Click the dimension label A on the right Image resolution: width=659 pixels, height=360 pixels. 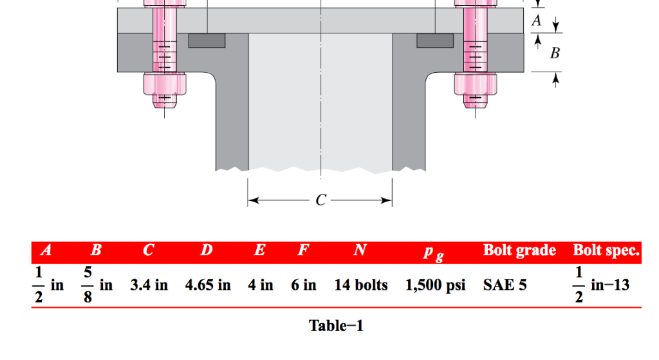pos(536,21)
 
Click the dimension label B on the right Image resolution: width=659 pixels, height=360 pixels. pos(554,53)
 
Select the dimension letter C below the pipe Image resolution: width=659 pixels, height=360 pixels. pos(320,201)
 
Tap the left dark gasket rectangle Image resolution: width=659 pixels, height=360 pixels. pos(207,41)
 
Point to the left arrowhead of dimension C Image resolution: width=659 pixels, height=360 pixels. pos(253,201)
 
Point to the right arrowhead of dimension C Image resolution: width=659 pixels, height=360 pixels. pos(387,201)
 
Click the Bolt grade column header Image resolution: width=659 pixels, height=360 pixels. pos(519,251)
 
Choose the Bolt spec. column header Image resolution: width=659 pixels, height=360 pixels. pos(606,251)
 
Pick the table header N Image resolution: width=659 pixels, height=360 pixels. pos(360,251)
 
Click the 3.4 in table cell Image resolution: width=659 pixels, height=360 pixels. pos(149,285)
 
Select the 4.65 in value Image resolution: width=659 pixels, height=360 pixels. pos(207,285)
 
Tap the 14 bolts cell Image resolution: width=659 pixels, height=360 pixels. pos(360,285)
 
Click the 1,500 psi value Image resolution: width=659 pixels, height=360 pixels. pos(435,285)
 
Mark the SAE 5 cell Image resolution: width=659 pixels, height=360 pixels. pos(505,285)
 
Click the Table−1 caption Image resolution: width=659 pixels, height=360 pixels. pos(336,326)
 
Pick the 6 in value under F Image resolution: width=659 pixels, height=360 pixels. pos(303,285)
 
